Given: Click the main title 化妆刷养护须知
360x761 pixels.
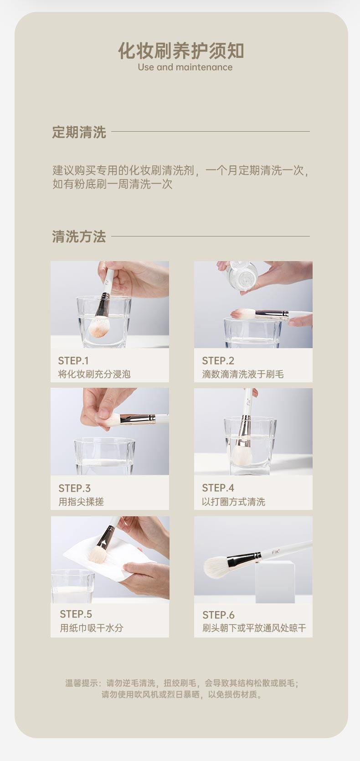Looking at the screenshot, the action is pos(181,51).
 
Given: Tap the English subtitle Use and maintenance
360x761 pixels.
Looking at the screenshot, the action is pos(185,67).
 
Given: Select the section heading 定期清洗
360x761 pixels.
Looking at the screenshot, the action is pos(79,132).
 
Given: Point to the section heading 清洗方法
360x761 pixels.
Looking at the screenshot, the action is pos(79,237).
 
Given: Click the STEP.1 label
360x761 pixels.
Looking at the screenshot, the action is pos(73,360).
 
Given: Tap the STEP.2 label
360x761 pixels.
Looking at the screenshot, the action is pos(218,360).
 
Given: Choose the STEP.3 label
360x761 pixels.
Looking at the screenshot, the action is pos(74,488).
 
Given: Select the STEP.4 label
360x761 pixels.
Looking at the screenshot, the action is pos(218,488).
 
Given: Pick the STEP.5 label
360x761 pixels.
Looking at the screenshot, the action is pos(76,614).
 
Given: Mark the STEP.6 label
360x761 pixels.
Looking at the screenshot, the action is pos(218,615).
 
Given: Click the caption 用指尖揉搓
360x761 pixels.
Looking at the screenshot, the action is pos(81,502).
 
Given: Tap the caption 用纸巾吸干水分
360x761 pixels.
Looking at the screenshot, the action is pos(91,628).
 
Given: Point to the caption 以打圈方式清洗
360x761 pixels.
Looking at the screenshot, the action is pos(233,502).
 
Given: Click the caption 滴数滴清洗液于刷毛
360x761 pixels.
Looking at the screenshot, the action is pos(243,375).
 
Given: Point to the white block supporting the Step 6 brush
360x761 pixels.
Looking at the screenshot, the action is pos(275,582).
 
